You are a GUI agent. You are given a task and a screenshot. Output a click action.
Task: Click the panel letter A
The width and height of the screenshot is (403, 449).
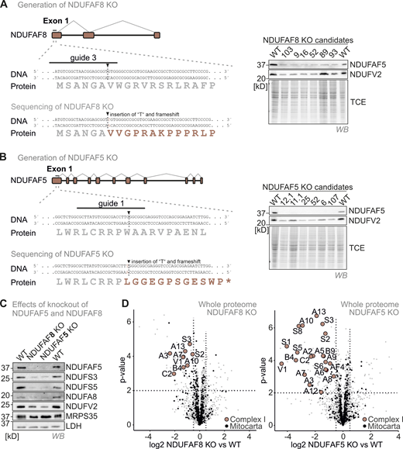6,6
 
